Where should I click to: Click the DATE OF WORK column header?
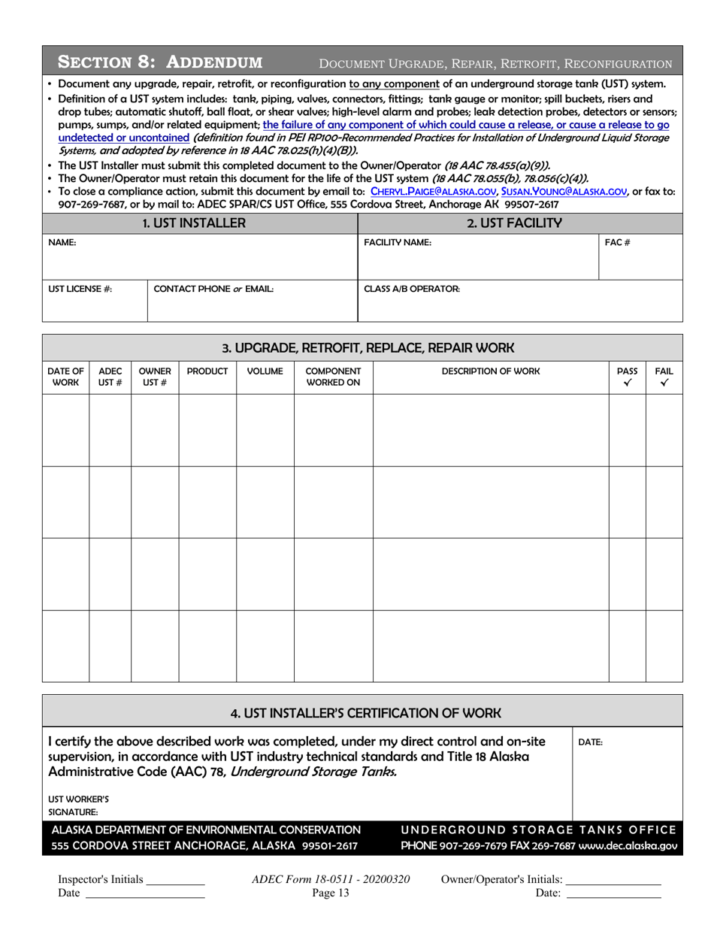[65, 376]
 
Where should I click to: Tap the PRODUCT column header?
[207, 371]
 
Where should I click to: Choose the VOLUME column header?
[265, 371]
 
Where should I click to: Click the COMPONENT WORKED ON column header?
[333, 376]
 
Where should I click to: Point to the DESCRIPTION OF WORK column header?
[489, 371]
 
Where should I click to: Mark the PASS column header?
[627, 376]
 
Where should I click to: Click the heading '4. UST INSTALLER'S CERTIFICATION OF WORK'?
[362, 711]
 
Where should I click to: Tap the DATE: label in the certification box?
[590, 742]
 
